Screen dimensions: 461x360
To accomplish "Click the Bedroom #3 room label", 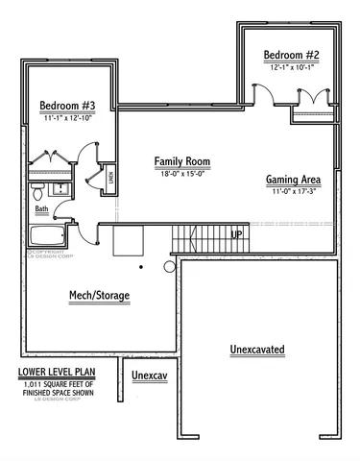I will coord(65,105).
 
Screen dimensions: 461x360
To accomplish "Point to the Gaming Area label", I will coord(293,180).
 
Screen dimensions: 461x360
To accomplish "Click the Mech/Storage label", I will coord(99,295).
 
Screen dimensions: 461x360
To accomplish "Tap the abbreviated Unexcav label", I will coord(150,374).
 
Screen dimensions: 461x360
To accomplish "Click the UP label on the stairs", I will coord(236,233).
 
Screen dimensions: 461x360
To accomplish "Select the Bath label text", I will coord(41,208).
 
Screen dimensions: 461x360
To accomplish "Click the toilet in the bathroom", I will coord(36,188).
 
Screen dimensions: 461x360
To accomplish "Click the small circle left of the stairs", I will coord(170,266).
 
